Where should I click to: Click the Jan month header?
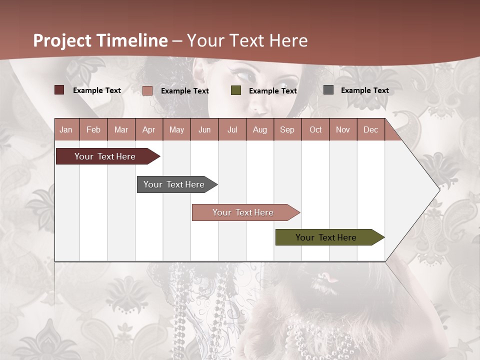pyautogui.click(x=66, y=129)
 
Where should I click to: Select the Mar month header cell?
pyautogui.click(x=121, y=129)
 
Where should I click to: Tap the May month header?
pyautogui.click(x=176, y=129)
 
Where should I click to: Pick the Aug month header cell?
pyautogui.click(x=259, y=129)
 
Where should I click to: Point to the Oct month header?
pyautogui.click(x=315, y=129)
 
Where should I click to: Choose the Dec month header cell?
pyautogui.click(x=370, y=129)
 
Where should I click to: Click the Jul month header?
pyautogui.click(x=232, y=129)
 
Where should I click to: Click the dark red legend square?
pyautogui.click(x=59, y=90)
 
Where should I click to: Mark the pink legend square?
pyautogui.click(x=147, y=90)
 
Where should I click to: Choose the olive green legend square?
pyautogui.click(x=236, y=90)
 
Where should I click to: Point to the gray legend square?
pyautogui.click(x=328, y=90)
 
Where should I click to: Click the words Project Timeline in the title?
pyautogui.click(x=100, y=40)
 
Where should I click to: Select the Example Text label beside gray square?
pyautogui.click(x=364, y=90)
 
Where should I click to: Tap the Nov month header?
pyautogui.click(x=343, y=129)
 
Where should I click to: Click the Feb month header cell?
pyautogui.click(x=93, y=129)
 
